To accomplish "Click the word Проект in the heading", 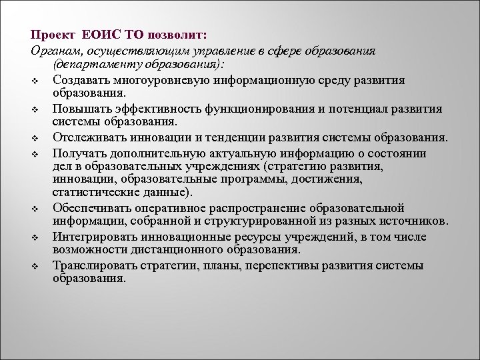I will (x=51, y=34).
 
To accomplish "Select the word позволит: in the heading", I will (x=179, y=34).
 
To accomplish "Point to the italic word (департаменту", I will (x=88, y=65).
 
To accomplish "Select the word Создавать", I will (x=81, y=80).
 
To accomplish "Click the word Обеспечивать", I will (x=89, y=208).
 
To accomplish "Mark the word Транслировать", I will (x=91, y=265).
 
